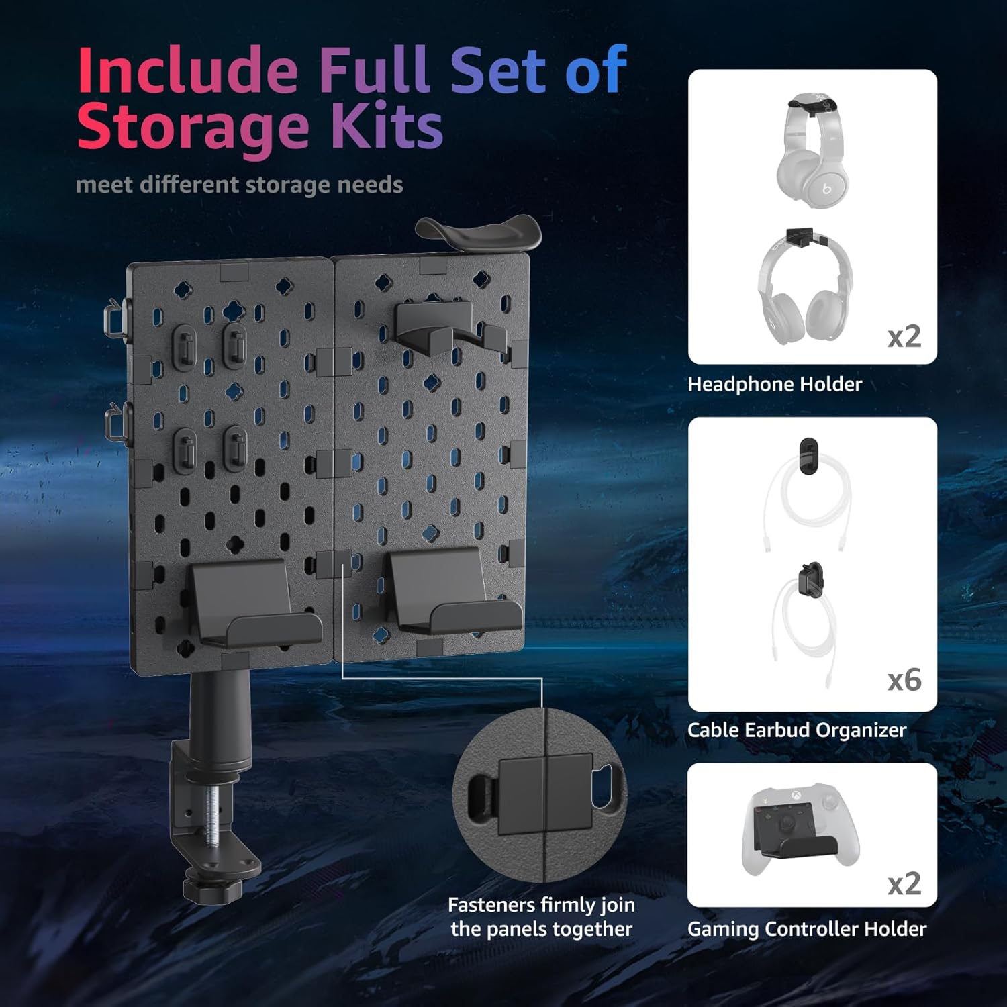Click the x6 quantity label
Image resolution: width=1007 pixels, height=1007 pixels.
(x=904, y=680)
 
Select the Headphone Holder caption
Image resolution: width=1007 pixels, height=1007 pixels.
(x=775, y=384)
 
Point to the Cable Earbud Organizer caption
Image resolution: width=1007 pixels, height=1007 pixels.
(x=797, y=730)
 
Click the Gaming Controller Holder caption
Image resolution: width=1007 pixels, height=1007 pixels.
(x=807, y=928)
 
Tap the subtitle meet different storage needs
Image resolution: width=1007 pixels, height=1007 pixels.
(x=239, y=185)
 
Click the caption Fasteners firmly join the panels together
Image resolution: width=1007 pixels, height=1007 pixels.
(x=542, y=916)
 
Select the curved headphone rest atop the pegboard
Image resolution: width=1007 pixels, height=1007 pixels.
(x=478, y=232)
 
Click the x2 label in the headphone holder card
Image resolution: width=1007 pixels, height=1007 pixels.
(x=904, y=336)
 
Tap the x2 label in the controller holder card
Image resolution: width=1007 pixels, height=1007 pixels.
(x=904, y=883)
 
